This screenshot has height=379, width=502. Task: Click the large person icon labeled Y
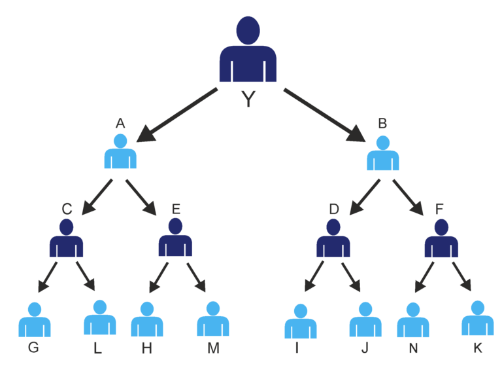click(x=248, y=52)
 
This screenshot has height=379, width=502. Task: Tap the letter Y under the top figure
click(x=248, y=99)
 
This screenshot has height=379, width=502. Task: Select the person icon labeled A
click(x=120, y=153)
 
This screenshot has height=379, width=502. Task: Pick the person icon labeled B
click(x=383, y=155)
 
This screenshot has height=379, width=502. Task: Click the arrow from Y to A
click(x=178, y=114)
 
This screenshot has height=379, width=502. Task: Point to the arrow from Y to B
click(x=324, y=115)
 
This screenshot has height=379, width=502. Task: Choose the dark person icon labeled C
click(x=66, y=240)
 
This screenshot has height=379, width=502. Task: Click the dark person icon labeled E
click(x=175, y=239)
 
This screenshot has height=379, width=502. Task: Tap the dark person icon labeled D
click(x=333, y=240)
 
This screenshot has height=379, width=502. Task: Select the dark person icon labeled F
click(x=441, y=240)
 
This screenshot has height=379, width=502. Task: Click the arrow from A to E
click(x=141, y=197)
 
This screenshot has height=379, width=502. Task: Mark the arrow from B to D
click(x=365, y=196)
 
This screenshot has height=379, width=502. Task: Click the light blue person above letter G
click(x=35, y=321)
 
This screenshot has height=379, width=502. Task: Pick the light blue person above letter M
click(x=213, y=320)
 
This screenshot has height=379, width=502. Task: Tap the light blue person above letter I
click(x=301, y=322)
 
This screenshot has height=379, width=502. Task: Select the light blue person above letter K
click(x=478, y=319)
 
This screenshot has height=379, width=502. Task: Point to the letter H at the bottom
click(x=146, y=349)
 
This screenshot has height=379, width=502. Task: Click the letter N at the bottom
click(x=413, y=348)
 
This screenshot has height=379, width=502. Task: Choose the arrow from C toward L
click(x=85, y=276)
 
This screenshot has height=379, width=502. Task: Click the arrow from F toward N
click(x=425, y=276)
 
